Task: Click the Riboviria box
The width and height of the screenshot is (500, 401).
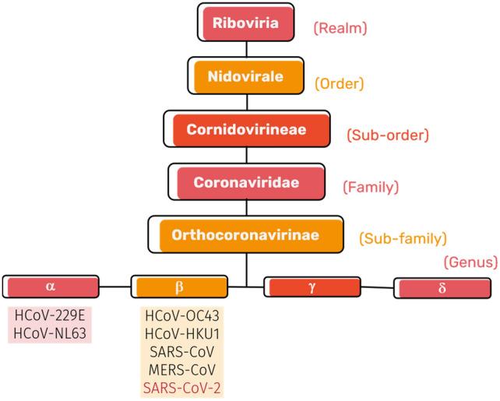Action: point(247,22)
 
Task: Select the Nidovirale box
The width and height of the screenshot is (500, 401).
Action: point(247,77)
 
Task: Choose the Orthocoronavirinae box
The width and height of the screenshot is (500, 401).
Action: point(246,234)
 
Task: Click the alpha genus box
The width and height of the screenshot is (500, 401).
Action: point(51,287)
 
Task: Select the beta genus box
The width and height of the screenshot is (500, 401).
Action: point(180,287)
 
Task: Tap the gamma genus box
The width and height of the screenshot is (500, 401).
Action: point(312,287)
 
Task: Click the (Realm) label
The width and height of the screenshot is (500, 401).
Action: point(340,29)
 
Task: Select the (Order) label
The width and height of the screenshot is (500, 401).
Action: point(339,82)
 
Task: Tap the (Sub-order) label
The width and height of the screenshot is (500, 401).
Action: point(387,135)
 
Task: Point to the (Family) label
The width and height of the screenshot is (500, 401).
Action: point(371,187)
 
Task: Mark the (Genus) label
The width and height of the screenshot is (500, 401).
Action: point(470,263)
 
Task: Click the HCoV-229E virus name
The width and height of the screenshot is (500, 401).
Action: point(51,315)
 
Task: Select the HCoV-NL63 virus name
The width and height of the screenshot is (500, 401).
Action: point(51,333)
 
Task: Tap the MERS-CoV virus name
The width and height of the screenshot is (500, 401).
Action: point(180,368)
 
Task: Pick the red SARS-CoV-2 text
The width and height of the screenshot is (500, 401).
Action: point(180,386)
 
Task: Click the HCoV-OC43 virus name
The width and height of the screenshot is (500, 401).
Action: point(180,315)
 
